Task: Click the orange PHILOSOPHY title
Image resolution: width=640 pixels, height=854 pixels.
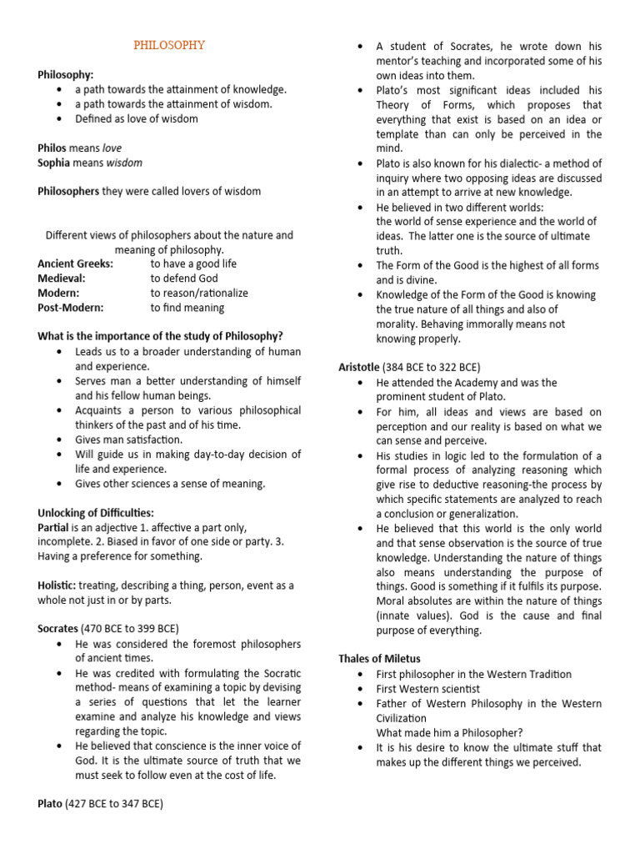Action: click(x=169, y=45)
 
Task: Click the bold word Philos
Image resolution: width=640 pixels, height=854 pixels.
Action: click(x=52, y=148)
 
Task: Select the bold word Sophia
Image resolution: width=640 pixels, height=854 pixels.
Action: click(x=53, y=163)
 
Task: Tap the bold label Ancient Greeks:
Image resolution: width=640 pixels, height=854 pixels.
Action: click(x=76, y=263)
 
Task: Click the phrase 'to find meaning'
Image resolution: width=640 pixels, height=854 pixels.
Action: click(x=187, y=308)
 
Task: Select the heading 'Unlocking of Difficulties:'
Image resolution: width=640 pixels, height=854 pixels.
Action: click(x=96, y=512)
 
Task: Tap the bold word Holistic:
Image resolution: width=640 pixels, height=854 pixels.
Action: click(x=59, y=585)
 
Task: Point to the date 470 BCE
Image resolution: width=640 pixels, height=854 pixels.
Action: click(x=122, y=628)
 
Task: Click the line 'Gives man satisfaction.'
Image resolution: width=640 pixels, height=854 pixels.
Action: click(x=129, y=440)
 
